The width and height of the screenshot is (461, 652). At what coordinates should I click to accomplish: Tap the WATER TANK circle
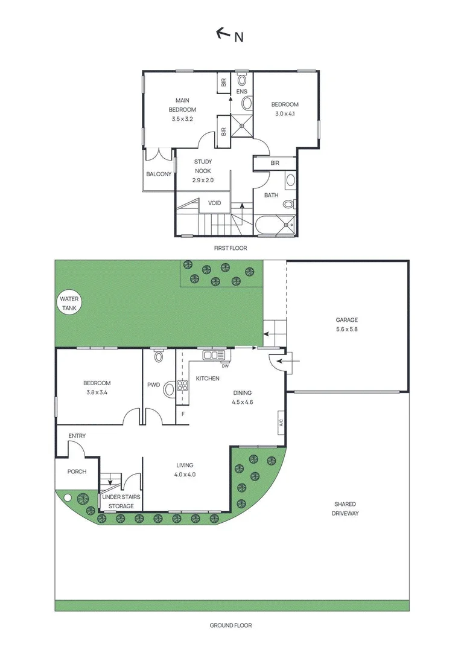(x=69, y=304)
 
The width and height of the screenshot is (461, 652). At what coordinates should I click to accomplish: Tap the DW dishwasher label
(x=224, y=366)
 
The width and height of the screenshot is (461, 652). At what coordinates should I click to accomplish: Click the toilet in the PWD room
(x=159, y=357)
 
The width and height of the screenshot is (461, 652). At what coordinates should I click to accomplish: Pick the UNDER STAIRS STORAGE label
(x=121, y=501)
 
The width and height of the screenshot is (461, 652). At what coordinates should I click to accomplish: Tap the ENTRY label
(x=77, y=436)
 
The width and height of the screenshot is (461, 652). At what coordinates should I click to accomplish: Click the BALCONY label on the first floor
(x=159, y=174)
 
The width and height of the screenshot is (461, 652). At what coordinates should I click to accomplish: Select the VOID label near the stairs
(x=215, y=203)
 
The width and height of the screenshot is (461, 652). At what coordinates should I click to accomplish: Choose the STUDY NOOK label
(x=203, y=170)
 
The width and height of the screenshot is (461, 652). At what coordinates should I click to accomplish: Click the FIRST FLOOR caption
(x=230, y=248)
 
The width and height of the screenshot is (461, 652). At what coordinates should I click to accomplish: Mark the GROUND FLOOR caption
(x=230, y=625)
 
